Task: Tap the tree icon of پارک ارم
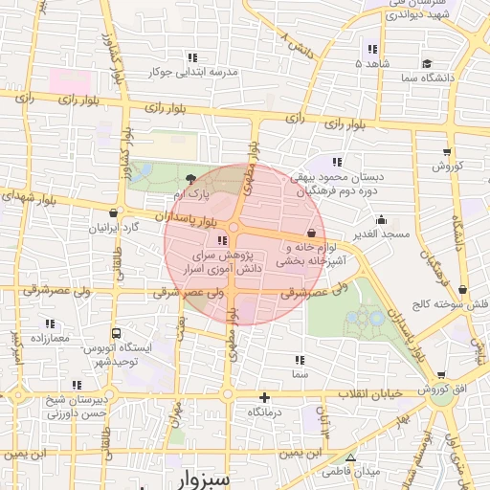[191, 178]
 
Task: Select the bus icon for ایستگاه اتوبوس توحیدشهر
[116, 334]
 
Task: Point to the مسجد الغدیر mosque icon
[381, 219]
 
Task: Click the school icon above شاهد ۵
[371, 49]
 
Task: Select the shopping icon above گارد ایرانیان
[115, 213]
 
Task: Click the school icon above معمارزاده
[49, 323]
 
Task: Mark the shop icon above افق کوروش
[439, 375]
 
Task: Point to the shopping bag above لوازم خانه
[311, 233]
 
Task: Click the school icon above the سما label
[300, 361]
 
